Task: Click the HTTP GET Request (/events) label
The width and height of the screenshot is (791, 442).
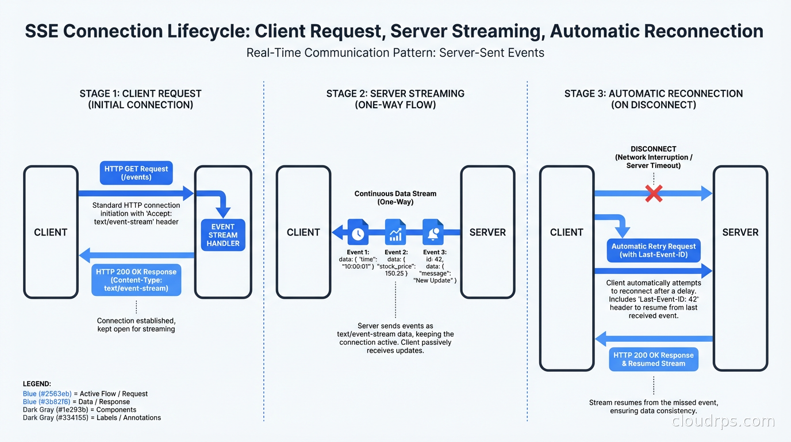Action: pos(136,173)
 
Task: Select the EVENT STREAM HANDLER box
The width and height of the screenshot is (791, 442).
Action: pos(223,235)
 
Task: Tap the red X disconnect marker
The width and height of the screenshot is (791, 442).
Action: pos(654,193)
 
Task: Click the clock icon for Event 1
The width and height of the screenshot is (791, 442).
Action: pos(358,233)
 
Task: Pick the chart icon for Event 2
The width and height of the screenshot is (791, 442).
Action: pos(395,233)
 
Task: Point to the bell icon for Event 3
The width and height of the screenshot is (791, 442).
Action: pos(433,233)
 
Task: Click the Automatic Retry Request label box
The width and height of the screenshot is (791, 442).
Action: pos(653,250)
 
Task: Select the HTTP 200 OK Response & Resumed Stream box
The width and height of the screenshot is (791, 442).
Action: pos(653,359)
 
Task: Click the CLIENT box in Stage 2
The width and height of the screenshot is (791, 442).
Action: pos(304,233)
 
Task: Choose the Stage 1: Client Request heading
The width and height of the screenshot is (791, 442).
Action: pos(140,99)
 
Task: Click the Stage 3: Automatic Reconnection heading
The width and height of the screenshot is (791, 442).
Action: pos(653,99)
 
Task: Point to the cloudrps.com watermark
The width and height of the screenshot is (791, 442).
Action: pos(723,421)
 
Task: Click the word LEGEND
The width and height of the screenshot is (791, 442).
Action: pos(37,383)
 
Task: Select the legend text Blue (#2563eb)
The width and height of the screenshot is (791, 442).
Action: pos(47,394)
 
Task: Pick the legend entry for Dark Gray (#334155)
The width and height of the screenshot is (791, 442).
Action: pos(92,418)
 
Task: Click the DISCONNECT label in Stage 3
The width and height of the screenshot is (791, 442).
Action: pos(653,148)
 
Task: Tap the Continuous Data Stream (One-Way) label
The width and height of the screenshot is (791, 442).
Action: pos(395,198)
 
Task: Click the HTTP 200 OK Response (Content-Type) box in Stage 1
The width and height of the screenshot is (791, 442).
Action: pos(136,280)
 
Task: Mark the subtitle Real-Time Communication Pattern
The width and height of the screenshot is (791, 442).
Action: pos(395,53)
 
